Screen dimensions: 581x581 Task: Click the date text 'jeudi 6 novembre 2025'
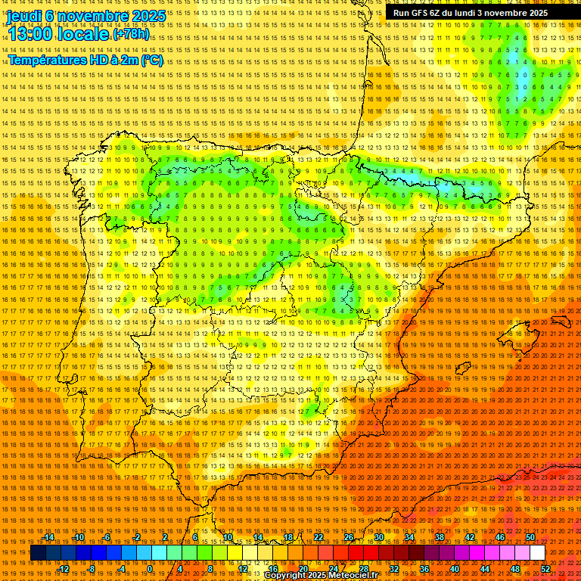click(86, 16)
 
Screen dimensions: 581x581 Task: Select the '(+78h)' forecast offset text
click(131, 34)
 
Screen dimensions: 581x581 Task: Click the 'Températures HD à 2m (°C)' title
click(85, 60)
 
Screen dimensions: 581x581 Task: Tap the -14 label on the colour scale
click(50, 537)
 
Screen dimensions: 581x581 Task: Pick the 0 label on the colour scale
click(151, 569)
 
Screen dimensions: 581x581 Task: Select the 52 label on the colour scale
click(545, 569)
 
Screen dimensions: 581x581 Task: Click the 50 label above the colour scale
click(530, 537)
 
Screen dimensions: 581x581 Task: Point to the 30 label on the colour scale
click(378, 537)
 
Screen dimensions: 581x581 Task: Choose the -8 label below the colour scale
click(92, 569)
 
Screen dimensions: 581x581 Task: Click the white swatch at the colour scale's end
click(537, 553)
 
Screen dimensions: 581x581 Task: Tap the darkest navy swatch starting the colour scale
click(38, 553)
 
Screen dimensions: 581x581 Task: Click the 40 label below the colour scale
click(454, 569)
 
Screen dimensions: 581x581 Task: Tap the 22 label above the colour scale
click(318, 537)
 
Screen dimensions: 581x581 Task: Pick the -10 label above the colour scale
click(79, 537)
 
